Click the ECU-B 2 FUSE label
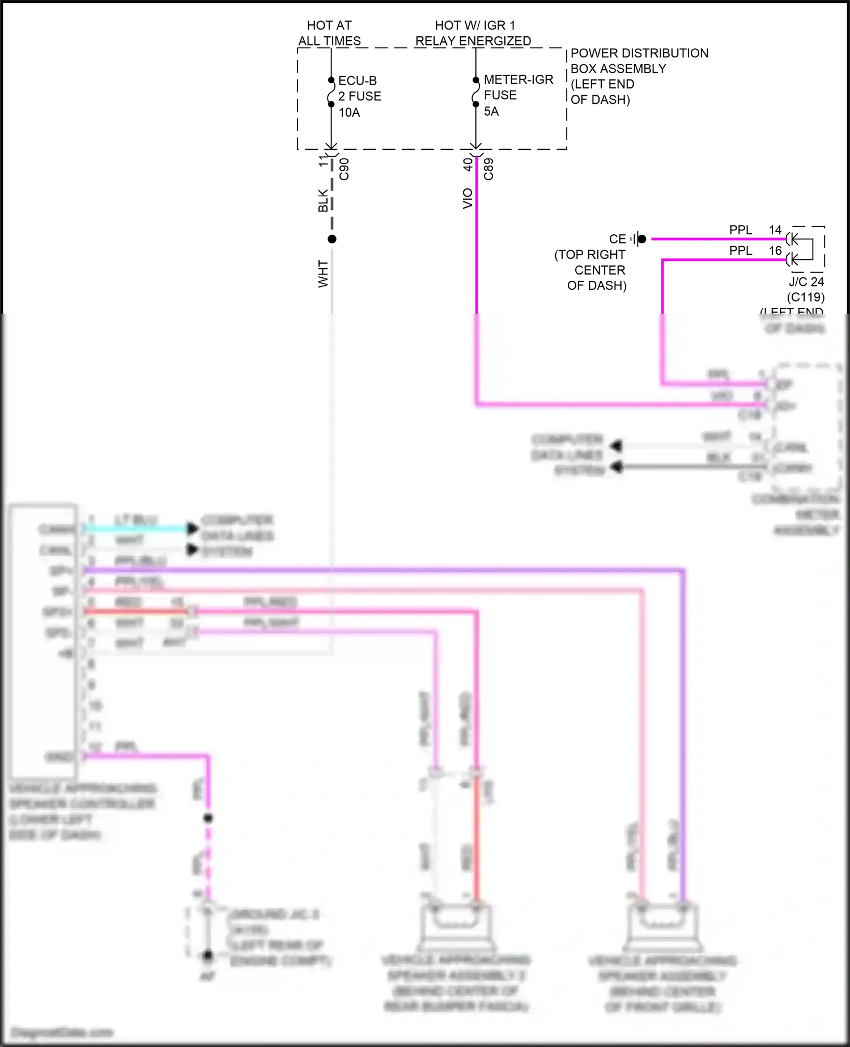point(359,88)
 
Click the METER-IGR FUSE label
point(518,87)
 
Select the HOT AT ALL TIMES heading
point(329,33)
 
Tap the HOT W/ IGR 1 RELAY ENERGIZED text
point(474,33)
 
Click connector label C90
point(344,169)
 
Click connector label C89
point(488,169)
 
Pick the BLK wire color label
point(323,201)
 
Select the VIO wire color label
point(467,199)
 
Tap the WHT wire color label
point(323,273)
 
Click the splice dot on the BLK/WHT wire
point(332,239)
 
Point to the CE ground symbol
point(639,239)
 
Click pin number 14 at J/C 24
point(775,230)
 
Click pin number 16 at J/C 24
point(775,250)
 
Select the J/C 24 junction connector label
point(806,282)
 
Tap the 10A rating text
point(349,112)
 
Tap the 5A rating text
point(491,111)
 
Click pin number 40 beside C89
point(467,164)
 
